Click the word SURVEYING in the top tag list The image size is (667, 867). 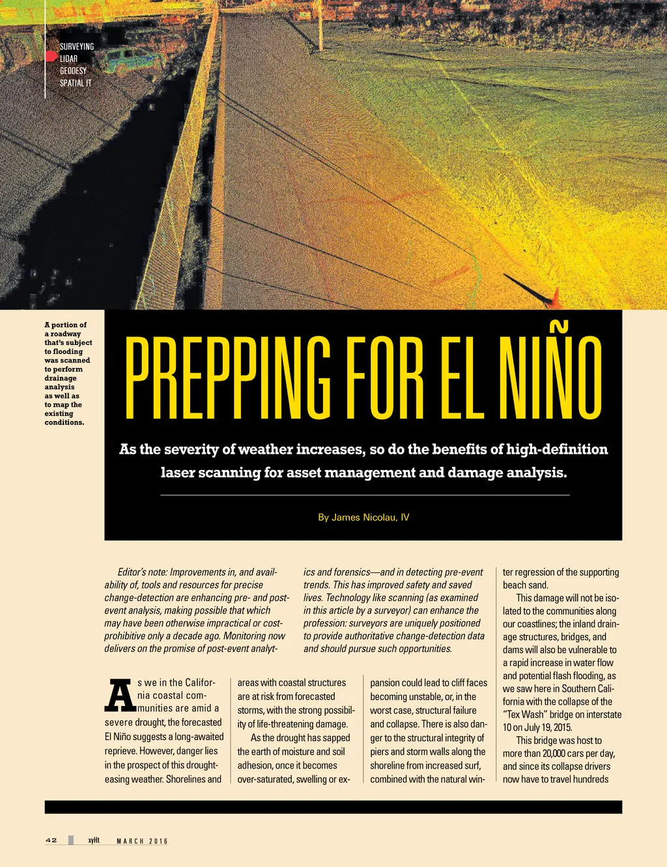coord(77,47)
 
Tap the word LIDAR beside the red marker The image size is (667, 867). coord(68,59)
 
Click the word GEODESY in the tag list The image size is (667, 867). coord(73,71)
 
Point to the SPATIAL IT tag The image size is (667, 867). coord(76,83)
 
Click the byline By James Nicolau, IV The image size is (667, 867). coord(363,518)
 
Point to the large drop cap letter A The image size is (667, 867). coord(120,696)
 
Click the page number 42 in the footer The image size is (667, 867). coord(51,840)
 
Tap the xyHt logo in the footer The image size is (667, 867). coord(94,840)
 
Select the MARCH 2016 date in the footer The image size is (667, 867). coord(142,841)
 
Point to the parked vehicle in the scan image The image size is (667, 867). coord(134,60)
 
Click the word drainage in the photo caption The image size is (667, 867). coord(61,378)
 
